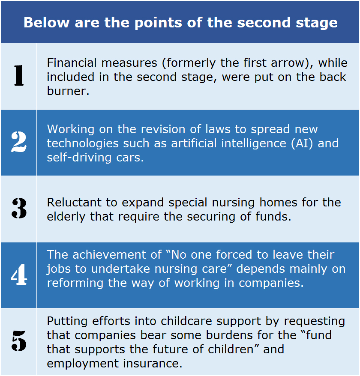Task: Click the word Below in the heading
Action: (x=47, y=23)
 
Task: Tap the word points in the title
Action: (x=158, y=23)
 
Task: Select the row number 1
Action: (x=19, y=75)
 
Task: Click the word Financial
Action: (x=72, y=63)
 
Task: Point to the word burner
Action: (x=68, y=91)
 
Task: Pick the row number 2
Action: (x=19, y=142)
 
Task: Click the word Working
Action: (x=71, y=129)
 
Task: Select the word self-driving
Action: (x=79, y=158)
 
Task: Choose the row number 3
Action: (x=19, y=208)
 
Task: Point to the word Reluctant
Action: (x=74, y=203)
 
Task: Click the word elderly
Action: (x=66, y=217)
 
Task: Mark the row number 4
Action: (x=19, y=275)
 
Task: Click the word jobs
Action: (x=59, y=269)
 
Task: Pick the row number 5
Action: (x=19, y=341)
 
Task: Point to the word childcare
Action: (x=186, y=321)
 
